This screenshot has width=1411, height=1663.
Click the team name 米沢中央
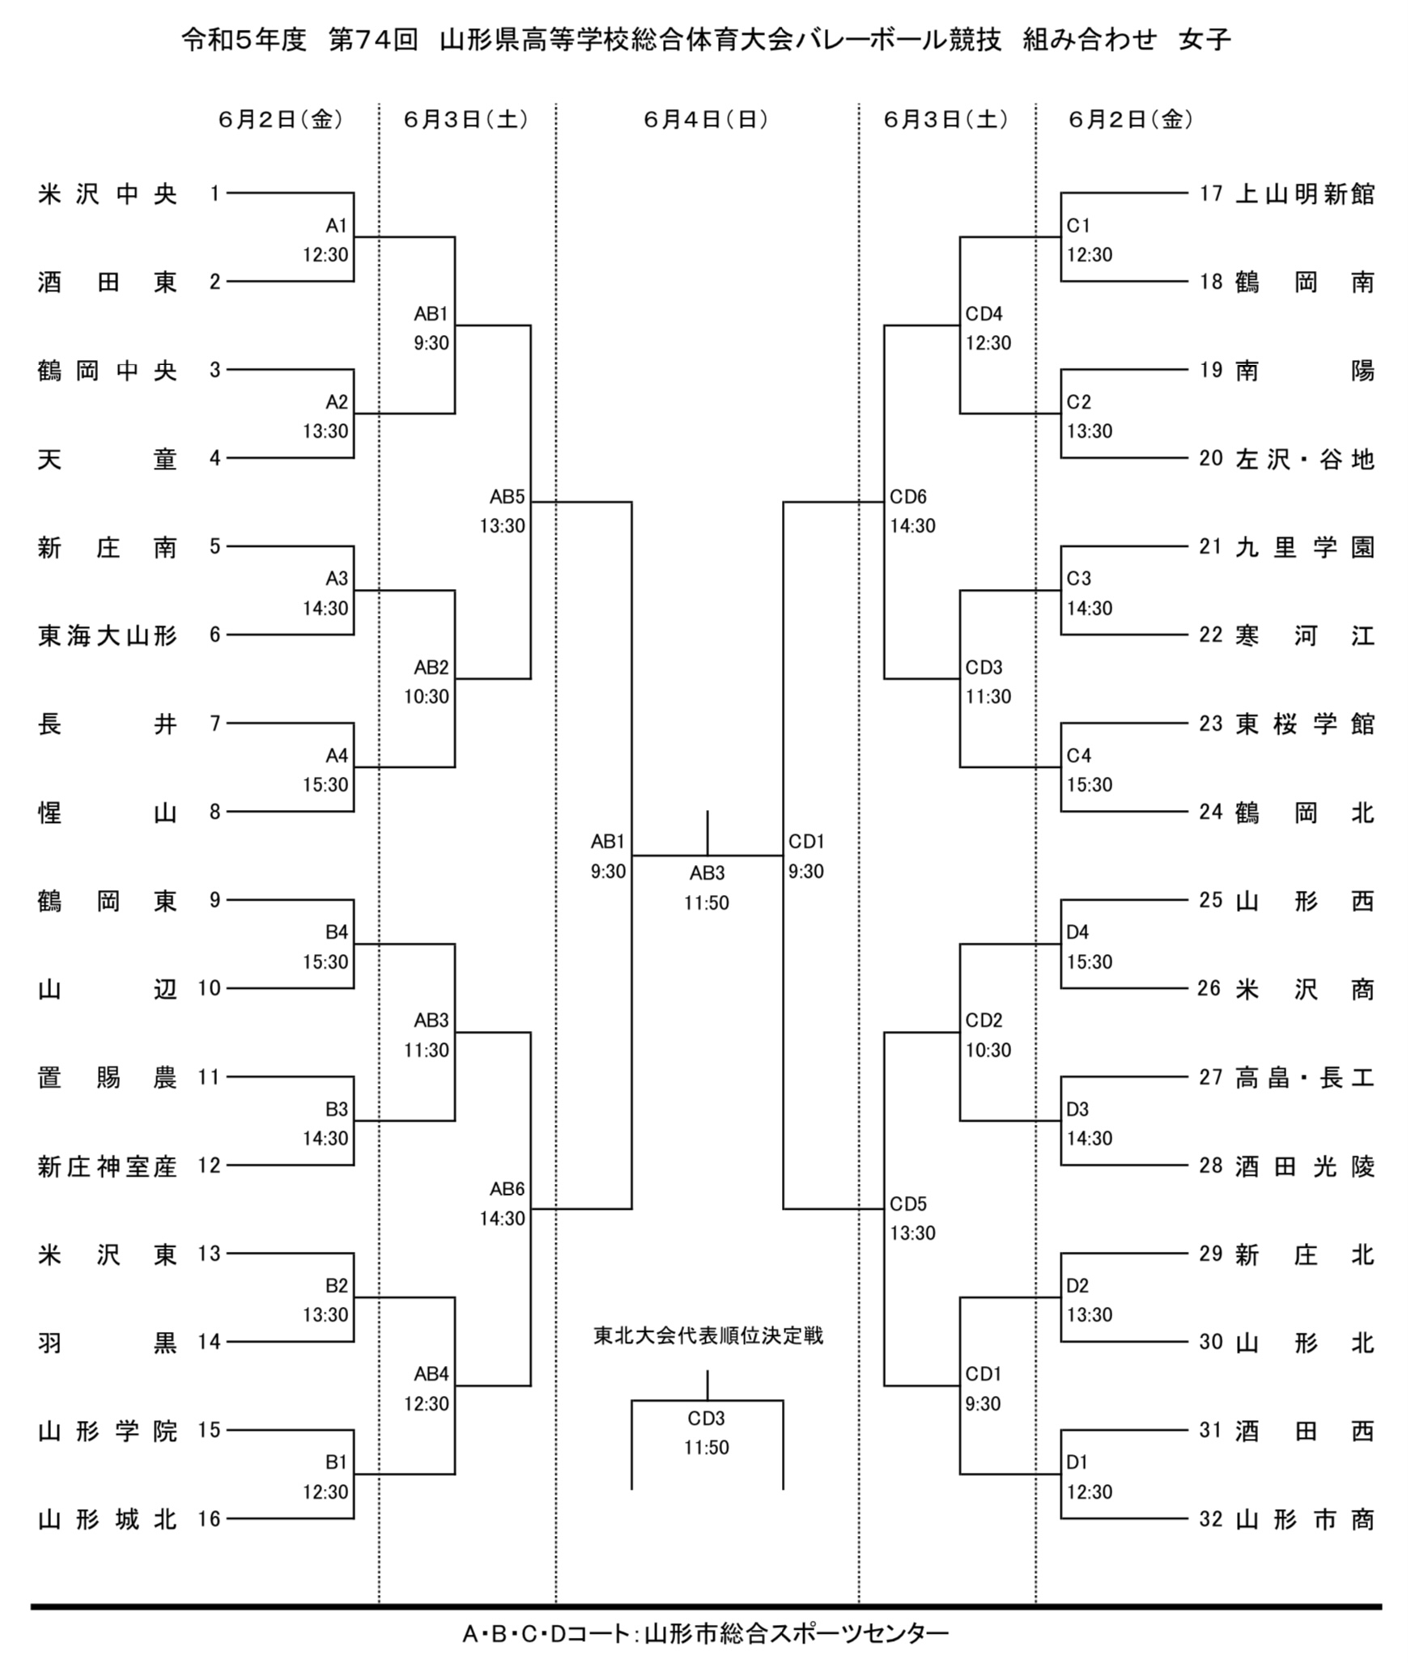tap(107, 194)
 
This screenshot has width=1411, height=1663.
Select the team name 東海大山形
tap(107, 636)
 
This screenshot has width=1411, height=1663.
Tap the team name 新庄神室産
tap(107, 1166)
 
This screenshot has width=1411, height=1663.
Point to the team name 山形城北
tap(107, 1520)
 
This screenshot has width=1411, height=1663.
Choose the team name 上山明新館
tap(1304, 194)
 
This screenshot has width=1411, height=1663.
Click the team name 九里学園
tap(1304, 548)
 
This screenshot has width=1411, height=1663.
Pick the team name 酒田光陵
tap(1304, 1166)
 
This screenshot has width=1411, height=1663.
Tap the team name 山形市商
tap(1304, 1520)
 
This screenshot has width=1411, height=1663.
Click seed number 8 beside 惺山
tap(215, 812)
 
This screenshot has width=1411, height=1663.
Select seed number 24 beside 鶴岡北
tap(1210, 812)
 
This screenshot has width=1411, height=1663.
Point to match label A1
tap(336, 225)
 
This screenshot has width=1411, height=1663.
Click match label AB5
tap(507, 497)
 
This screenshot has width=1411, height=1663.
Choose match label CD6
tap(907, 497)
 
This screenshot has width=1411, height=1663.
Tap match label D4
tap(1077, 932)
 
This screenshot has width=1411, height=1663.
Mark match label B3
tap(336, 1109)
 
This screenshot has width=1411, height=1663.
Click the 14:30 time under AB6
tap(502, 1219)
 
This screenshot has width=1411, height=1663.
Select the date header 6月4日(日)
tap(706, 120)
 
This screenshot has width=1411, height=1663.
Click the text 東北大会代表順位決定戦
tap(708, 1334)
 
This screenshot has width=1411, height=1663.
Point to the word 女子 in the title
tap(1205, 39)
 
